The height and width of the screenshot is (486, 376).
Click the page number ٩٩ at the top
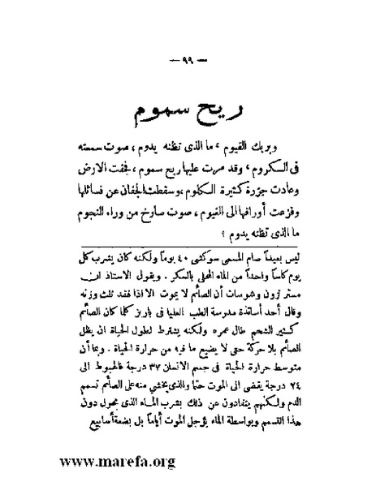[188, 64]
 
